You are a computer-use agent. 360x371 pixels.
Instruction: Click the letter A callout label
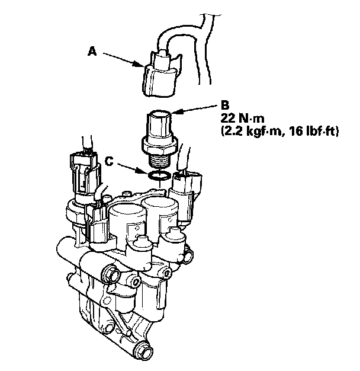pyautogui.click(x=92, y=52)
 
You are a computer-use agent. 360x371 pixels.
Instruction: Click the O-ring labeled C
pyautogui.click(x=160, y=175)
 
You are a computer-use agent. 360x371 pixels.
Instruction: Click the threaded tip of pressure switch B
pyautogui.click(x=160, y=158)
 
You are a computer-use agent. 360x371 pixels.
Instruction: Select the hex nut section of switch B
pyautogui.click(x=159, y=142)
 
